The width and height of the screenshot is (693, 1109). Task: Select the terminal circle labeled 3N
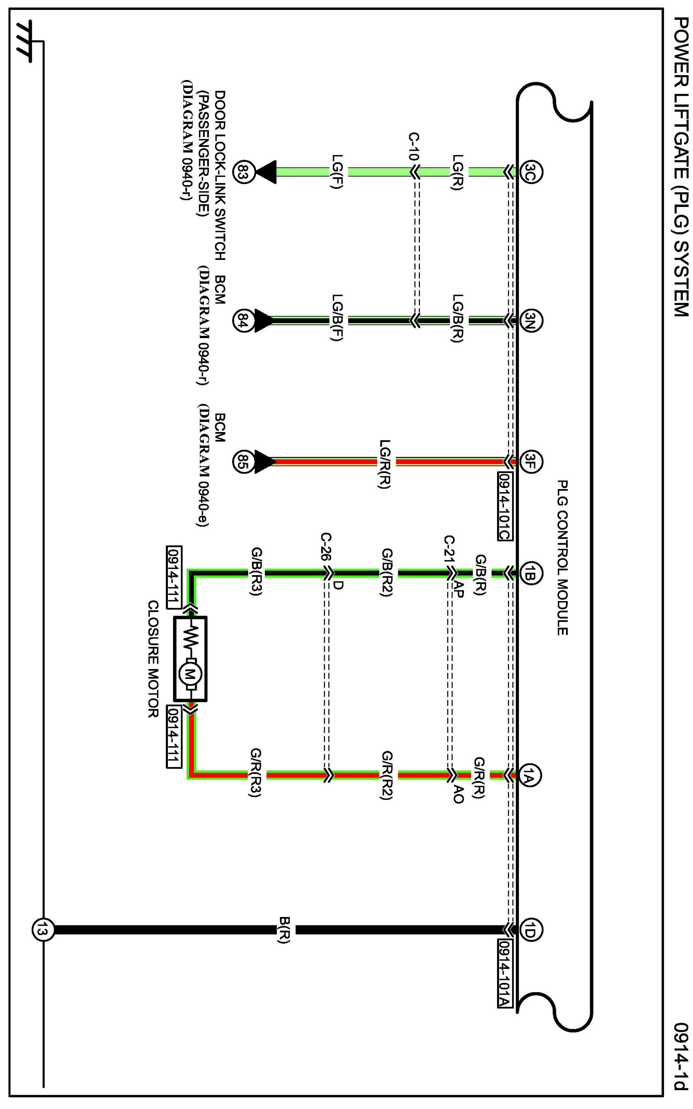(x=531, y=320)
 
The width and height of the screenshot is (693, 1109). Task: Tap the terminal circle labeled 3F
(x=531, y=461)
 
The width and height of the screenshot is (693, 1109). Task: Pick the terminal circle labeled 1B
(x=531, y=573)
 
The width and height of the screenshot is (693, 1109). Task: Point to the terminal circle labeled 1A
(x=531, y=775)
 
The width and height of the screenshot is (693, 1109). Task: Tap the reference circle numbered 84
(x=243, y=320)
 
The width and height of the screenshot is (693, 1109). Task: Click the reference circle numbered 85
(x=243, y=461)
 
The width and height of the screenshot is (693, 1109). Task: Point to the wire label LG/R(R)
(x=385, y=464)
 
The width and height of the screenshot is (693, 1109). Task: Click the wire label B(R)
(x=284, y=930)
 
